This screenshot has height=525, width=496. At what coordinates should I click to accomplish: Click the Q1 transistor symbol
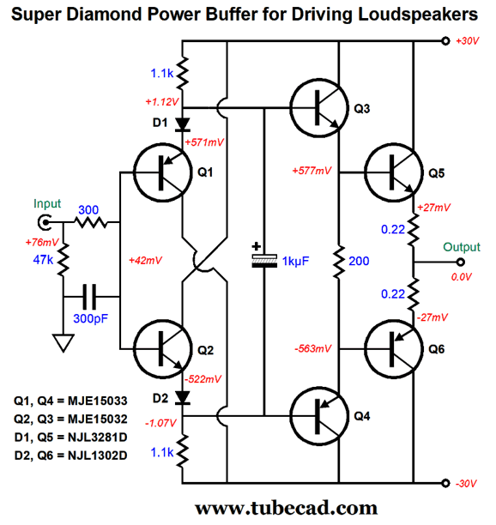pos(163,172)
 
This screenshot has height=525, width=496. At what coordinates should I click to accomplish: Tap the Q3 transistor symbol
pos(319,108)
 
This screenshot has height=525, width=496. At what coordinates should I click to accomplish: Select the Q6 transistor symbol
pos(394,349)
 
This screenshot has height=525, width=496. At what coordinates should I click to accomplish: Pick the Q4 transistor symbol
pos(319,416)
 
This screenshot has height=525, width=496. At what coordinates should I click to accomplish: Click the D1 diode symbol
pos(183,124)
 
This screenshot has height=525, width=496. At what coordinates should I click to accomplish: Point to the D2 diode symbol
pos(183,398)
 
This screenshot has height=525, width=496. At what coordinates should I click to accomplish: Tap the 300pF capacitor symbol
pos(89,297)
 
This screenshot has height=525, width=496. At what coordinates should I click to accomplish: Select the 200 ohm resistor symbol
pos(339,262)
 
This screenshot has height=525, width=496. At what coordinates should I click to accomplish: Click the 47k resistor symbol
pos(63,260)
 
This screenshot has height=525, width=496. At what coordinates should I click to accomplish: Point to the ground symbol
pos(63,342)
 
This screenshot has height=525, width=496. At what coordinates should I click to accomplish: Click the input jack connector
pos(45,222)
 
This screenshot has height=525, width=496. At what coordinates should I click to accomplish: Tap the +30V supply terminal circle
pos(445,41)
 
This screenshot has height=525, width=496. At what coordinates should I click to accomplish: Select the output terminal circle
pos(461,262)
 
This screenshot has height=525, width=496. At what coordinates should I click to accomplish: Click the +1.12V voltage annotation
pos(162,102)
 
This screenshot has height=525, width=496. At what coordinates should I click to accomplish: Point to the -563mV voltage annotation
pos(313,349)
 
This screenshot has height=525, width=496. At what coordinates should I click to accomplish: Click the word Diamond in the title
pos(105,15)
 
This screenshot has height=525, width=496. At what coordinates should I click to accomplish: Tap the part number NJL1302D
pos(98,456)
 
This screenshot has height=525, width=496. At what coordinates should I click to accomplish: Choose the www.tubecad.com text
pos(287,508)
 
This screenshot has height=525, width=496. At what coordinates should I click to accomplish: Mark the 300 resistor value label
pos(88,210)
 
